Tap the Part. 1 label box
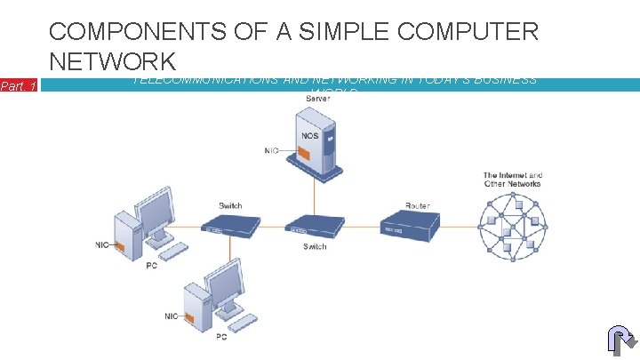[x=18, y=86]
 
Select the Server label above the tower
[x=317, y=99]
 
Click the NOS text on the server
[x=310, y=136]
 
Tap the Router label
[x=417, y=206]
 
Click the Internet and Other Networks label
[x=512, y=180]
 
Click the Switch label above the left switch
[x=230, y=206]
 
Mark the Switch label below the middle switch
[x=315, y=246]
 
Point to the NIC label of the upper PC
[x=103, y=245]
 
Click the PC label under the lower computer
[x=221, y=337]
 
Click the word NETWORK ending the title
[x=113, y=61]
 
